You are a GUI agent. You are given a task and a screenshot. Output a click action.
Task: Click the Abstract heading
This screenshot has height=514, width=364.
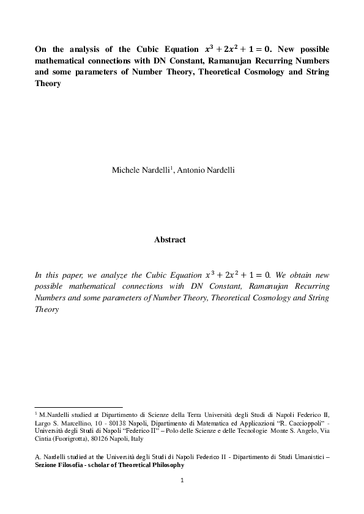(x=169, y=240)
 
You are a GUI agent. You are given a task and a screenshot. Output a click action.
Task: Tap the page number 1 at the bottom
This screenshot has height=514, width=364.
(x=182, y=480)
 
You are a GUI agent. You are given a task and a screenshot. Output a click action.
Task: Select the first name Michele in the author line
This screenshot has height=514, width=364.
(x=125, y=170)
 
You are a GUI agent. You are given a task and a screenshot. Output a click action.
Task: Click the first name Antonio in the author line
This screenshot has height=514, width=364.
(x=194, y=170)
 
